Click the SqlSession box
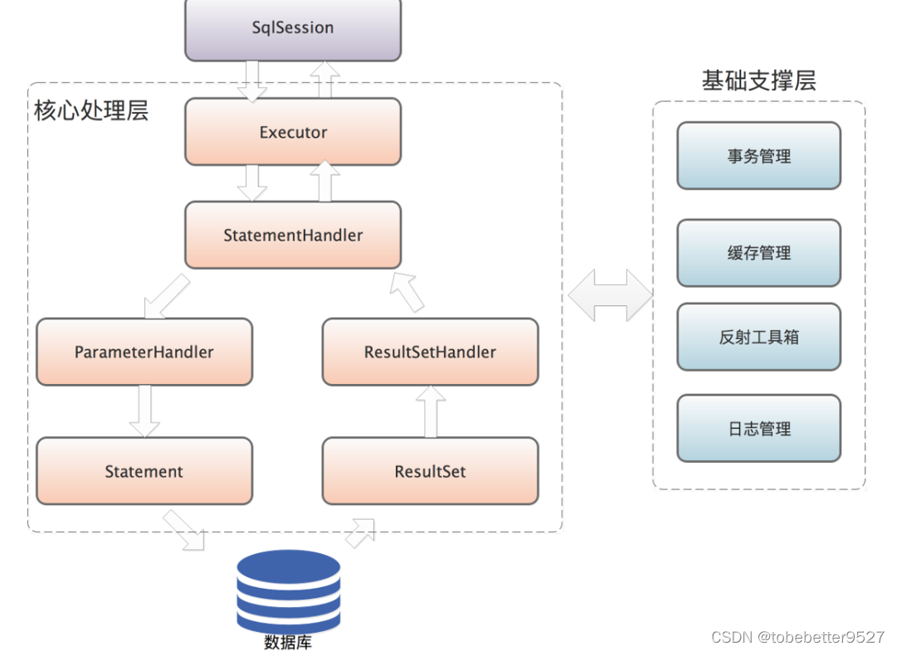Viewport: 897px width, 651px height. [293, 28]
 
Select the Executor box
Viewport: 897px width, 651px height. [293, 132]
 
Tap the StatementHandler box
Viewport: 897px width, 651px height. [293, 236]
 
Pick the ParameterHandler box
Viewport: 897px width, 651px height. [144, 352]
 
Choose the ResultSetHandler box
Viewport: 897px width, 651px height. [430, 352]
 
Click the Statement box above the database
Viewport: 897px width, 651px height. [144, 471]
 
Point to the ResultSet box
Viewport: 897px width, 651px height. [430, 471]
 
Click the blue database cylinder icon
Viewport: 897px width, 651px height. [288, 590]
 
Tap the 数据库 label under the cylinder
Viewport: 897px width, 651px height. [288, 642]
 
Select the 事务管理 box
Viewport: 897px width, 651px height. [758, 156]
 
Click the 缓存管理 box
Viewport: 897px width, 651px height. [758, 253]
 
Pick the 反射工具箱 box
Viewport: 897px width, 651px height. [758, 337]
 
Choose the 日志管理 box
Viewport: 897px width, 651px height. [758, 429]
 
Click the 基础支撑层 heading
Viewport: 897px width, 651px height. [758, 80]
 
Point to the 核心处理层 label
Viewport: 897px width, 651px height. [91, 111]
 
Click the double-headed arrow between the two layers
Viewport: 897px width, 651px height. [610, 295]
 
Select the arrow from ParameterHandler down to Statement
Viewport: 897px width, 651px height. [144, 411]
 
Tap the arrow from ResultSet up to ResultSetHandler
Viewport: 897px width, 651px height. [430, 411]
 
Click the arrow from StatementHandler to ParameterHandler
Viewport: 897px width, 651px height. [166, 297]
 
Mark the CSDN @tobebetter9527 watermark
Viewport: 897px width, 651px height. [797, 637]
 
